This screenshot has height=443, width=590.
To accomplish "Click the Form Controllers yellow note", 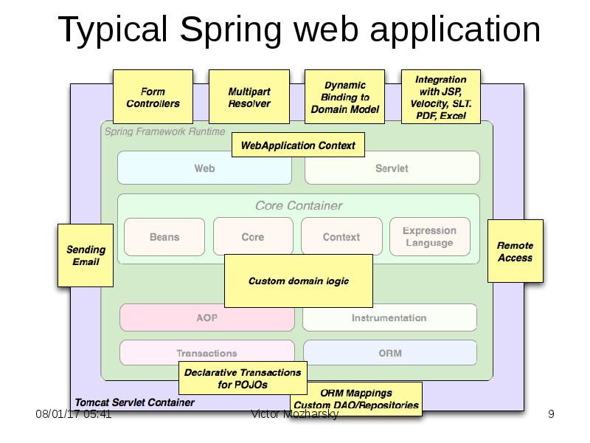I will tap(153, 97).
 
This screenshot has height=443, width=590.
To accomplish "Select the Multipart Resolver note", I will tap(249, 97).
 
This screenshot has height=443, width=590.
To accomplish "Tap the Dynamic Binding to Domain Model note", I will tap(344, 97).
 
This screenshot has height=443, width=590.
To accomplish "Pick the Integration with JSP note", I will tap(440, 97).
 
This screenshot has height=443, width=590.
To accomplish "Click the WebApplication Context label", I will tap(297, 145).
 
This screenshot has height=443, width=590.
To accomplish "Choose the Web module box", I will tap(204, 168).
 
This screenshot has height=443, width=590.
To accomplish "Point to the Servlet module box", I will tap(392, 168).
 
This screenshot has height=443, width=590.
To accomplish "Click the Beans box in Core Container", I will tap(164, 237).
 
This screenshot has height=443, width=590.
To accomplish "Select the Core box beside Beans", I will tap(252, 237).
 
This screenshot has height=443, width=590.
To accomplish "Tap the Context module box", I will tap(341, 237).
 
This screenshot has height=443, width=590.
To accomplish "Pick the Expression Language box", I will tap(429, 237).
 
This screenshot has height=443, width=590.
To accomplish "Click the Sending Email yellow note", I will tap(86, 255).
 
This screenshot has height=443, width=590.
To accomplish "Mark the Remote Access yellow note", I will tap(515, 251).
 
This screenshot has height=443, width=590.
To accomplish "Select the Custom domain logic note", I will tap(298, 281).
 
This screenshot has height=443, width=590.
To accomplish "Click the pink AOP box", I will tap(206, 318).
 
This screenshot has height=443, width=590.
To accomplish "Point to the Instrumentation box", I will tap(389, 318).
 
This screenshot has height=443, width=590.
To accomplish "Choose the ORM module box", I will tap(390, 353).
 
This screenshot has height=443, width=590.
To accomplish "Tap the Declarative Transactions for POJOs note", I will tap(242, 378).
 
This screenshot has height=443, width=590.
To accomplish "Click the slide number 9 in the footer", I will tap(551, 414).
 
